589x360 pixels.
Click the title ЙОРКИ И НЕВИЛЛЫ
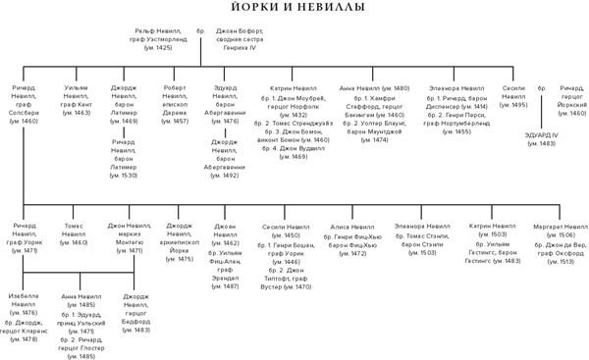tap(294, 9)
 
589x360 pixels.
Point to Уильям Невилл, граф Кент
tap(75, 100)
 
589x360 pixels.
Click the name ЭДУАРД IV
tap(541, 135)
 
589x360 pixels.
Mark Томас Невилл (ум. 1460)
tap(75, 231)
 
